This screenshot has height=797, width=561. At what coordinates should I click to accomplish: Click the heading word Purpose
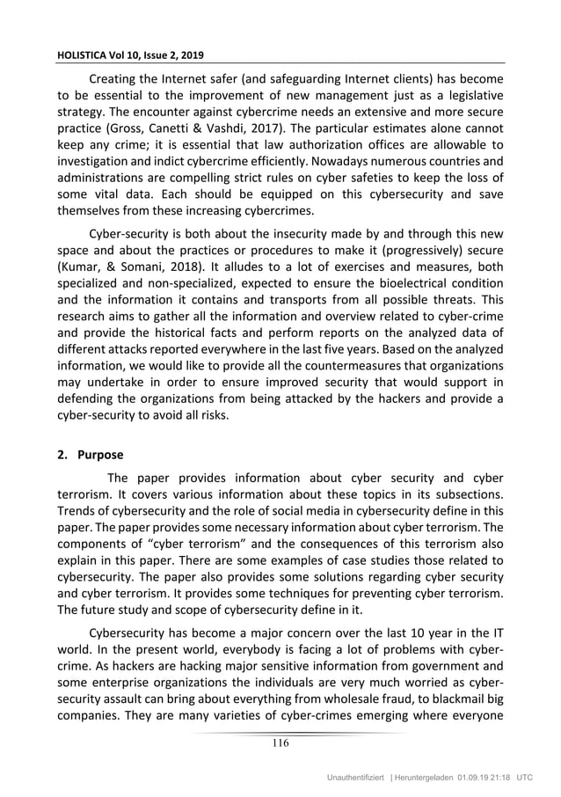(103, 456)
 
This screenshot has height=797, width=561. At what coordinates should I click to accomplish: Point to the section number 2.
(61, 456)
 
